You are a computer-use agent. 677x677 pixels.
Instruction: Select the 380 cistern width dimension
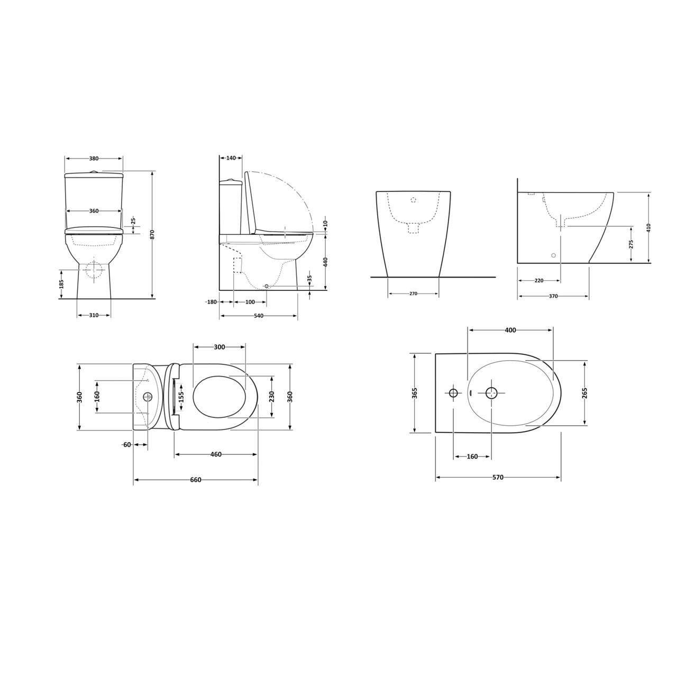pyautogui.click(x=94, y=158)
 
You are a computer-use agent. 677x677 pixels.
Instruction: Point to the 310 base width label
pyautogui.click(x=94, y=315)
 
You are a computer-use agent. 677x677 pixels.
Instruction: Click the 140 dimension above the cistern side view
pyautogui.click(x=231, y=158)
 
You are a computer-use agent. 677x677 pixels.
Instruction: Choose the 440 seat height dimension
pyautogui.click(x=325, y=262)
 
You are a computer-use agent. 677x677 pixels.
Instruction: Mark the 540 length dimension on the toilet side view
pyautogui.click(x=259, y=316)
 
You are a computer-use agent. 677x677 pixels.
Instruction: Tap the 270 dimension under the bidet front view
pyautogui.click(x=413, y=294)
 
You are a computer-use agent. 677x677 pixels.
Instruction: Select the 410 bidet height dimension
pyautogui.click(x=648, y=227)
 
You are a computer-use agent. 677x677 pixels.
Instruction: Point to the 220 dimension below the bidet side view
pyautogui.click(x=539, y=281)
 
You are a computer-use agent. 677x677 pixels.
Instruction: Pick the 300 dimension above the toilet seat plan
pyautogui.click(x=219, y=347)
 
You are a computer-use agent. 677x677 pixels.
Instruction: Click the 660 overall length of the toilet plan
pyautogui.click(x=196, y=480)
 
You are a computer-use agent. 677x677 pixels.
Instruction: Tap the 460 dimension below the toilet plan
pyautogui.click(x=216, y=454)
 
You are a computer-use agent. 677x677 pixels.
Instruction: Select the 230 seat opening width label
pyautogui.click(x=272, y=397)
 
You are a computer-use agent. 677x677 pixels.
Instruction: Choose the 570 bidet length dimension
pyautogui.click(x=498, y=477)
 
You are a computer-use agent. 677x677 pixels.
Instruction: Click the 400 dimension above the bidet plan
pyautogui.click(x=510, y=330)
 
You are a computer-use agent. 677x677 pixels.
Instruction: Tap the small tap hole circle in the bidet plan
pyautogui.click(x=453, y=392)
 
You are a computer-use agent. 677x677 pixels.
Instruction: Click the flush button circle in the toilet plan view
pyautogui.click(x=148, y=396)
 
